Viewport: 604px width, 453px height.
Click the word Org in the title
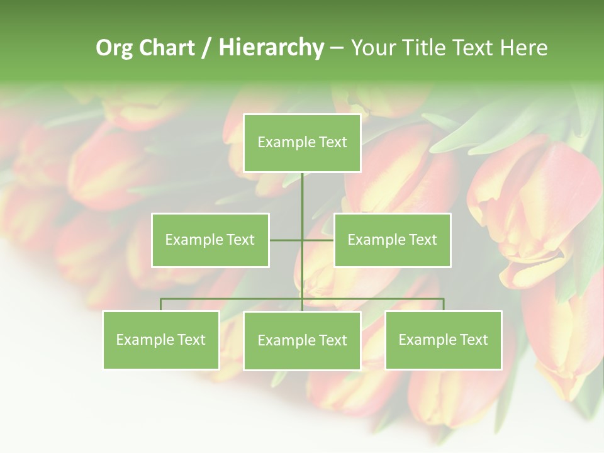(x=114, y=48)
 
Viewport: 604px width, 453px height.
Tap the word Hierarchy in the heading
(x=271, y=48)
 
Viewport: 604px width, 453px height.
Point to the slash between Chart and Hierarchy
(x=206, y=48)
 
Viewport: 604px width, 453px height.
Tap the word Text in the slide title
(x=474, y=48)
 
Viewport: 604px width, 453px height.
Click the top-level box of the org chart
(x=302, y=143)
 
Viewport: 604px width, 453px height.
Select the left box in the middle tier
(x=210, y=240)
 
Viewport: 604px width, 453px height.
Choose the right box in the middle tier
(x=393, y=240)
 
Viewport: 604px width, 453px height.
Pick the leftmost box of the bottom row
(x=161, y=340)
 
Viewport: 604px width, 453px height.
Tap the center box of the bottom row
(x=302, y=340)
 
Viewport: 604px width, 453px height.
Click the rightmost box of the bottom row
(x=444, y=340)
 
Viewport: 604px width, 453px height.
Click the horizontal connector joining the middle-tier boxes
(x=287, y=240)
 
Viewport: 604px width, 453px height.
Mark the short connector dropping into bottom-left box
(x=161, y=305)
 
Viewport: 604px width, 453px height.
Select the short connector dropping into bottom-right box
(x=444, y=305)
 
